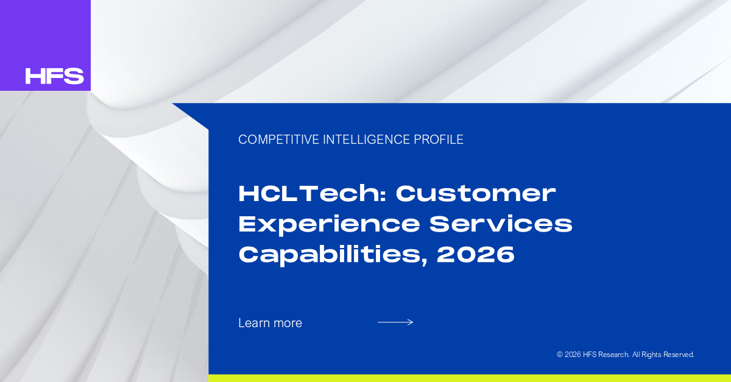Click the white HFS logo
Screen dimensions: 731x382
(x=54, y=76)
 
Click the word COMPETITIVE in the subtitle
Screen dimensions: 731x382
(x=279, y=140)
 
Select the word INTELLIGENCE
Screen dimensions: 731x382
(x=367, y=140)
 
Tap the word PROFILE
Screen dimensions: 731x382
(x=439, y=140)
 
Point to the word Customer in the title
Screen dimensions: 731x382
(x=476, y=194)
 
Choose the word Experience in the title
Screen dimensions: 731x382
(x=329, y=225)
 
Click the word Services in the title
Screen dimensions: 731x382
(x=501, y=224)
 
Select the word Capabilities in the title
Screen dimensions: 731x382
(x=330, y=255)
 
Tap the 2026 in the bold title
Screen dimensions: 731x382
(x=476, y=255)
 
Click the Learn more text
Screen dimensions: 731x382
(x=270, y=323)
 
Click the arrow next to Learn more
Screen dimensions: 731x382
(x=395, y=322)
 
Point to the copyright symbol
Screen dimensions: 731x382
(x=560, y=355)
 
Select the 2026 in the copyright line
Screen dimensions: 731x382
(x=573, y=355)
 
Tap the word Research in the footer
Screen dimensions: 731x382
(x=614, y=355)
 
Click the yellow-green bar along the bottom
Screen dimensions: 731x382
(x=470, y=378)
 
